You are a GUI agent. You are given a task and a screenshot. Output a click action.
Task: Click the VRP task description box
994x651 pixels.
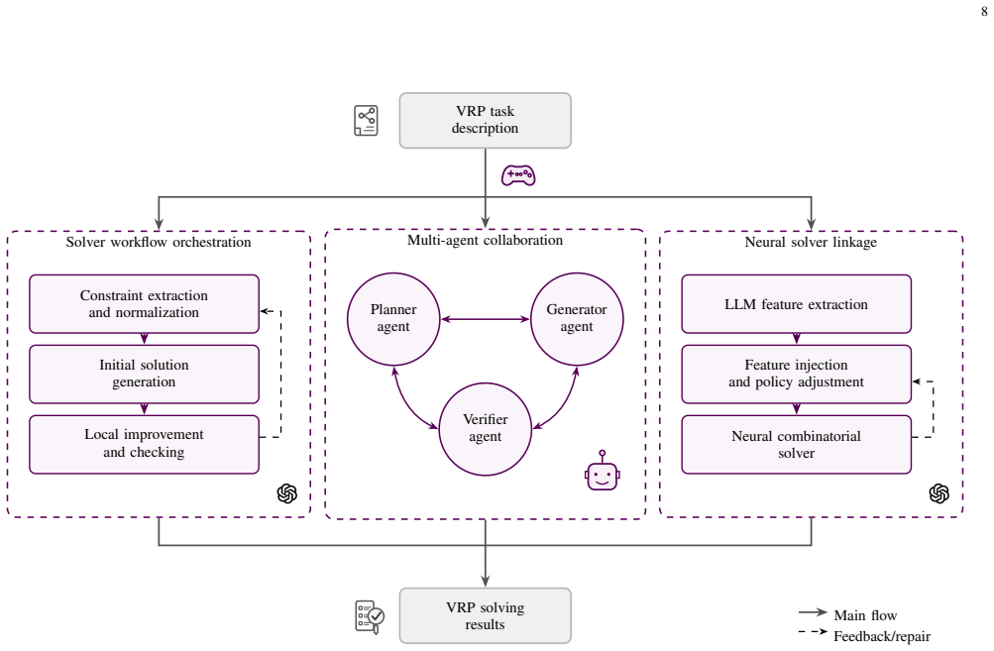point(485,121)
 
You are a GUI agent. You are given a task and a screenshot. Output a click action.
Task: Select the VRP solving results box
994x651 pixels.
point(485,615)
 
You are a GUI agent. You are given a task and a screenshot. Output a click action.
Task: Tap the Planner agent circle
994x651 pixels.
point(393,319)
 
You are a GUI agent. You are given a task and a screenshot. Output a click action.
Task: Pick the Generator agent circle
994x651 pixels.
point(577,319)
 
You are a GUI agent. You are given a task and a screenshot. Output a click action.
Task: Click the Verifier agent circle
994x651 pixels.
point(485,428)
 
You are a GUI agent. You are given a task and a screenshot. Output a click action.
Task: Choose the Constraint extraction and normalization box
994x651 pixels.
point(144,303)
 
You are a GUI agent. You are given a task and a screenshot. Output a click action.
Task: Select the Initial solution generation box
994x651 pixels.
point(144,374)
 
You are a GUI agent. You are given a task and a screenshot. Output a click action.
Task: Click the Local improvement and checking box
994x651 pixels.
point(144,444)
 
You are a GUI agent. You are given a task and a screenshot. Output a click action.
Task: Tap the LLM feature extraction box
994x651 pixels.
point(796,303)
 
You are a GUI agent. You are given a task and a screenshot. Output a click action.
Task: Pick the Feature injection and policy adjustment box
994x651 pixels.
point(796,374)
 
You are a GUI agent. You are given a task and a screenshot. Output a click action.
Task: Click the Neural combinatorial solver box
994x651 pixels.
point(796,444)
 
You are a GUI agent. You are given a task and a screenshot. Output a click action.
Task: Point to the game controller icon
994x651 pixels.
point(518,175)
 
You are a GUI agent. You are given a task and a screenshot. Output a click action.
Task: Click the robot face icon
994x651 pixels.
point(603,471)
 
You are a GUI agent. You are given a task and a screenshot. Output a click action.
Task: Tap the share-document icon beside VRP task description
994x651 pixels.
point(366,121)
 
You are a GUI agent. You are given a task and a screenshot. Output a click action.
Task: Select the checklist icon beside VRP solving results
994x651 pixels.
point(370,616)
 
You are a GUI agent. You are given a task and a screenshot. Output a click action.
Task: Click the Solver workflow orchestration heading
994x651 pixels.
point(159,242)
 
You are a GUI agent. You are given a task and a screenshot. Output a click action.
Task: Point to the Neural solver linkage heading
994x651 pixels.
point(811,242)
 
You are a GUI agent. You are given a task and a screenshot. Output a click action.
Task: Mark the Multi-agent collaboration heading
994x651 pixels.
point(485,240)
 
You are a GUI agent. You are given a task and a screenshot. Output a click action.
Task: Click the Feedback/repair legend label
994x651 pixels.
point(882,636)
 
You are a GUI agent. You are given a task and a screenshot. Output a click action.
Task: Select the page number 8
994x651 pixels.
point(984,12)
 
